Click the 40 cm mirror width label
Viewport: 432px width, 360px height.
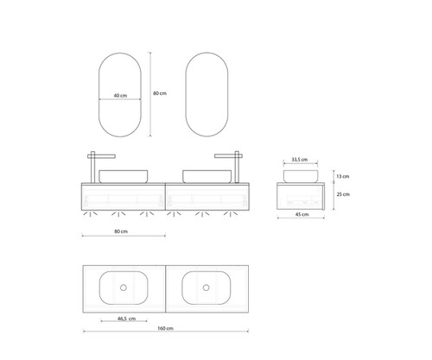[120, 95]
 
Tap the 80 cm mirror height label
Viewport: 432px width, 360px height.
[160, 93]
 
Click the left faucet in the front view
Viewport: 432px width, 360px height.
[92, 167]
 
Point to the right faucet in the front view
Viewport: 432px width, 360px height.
[237, 167]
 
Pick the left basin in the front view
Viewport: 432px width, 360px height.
[124, 176]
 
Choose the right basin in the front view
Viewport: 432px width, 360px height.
[206, 176]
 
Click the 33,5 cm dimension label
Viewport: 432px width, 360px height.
[300, 160]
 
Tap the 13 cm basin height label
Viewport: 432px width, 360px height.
[343, 176]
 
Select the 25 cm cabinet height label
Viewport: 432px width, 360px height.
[343, 194]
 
